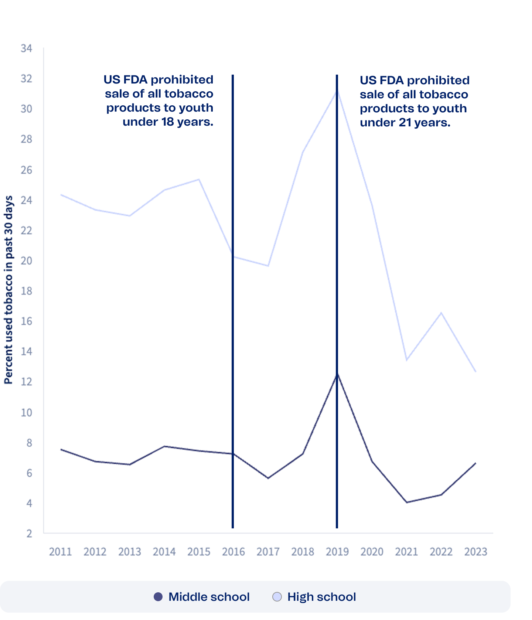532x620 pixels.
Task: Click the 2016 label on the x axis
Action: (x=233, y=552)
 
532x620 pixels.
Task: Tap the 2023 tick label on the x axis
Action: (x=475, y=552)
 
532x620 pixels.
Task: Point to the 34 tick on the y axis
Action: (x=26, y=48)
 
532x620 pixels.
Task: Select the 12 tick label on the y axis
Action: (x=26, y=381)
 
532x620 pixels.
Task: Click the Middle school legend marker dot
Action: (x=158, y=597)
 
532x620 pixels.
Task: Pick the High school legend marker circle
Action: (x=277, y=597)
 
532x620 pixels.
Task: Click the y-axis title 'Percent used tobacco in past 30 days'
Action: (x=8, y=290)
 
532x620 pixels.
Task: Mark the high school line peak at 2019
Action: (x=337, y=90)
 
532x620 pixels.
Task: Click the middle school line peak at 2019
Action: (x=337, y=374)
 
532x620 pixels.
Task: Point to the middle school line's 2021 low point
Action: (x=406, y=502)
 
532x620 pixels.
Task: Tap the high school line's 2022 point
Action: (x=441, y=313)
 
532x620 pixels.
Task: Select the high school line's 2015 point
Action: (x=199, y=180)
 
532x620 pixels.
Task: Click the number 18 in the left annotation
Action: (x=167, y=122)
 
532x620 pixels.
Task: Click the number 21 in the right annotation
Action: (x=405, y=122)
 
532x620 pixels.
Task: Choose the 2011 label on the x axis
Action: (x=60, y=552)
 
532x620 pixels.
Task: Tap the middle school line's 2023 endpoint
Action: (x=475, y=463)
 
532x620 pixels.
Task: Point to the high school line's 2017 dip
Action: (x=268, y=266)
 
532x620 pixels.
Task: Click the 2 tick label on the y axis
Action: (x=29, y=533)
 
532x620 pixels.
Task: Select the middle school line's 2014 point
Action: (x=164, y=446)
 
